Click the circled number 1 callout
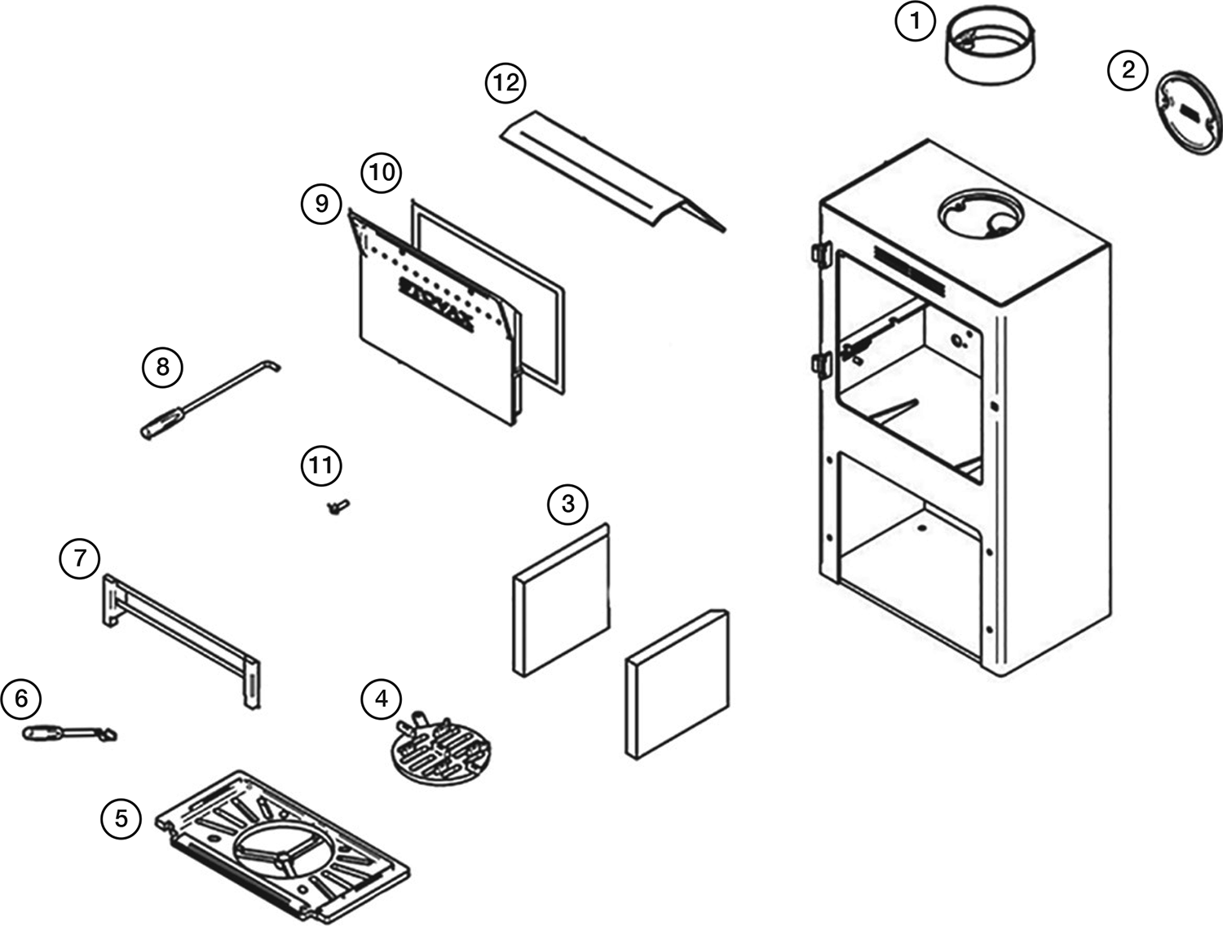point(915,21)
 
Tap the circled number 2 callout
point(1128,69)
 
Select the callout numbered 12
point(506,83)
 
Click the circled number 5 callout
point(121,818)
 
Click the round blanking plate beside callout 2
point(1189,113)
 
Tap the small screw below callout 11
point(337,507)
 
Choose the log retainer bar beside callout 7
point(183,634)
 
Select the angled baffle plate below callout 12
point(611,171)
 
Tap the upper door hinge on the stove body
point(819,254)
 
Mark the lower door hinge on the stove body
point(820,362)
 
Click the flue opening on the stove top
point(978,213)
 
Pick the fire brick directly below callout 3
point(561,599)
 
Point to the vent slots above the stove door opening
point(908,269)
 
